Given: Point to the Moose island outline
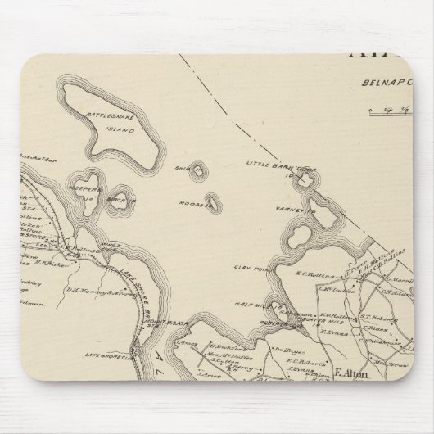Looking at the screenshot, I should click(213, 200).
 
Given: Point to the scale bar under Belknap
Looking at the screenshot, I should click(397, 108).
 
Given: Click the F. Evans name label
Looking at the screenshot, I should click(332, 332).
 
